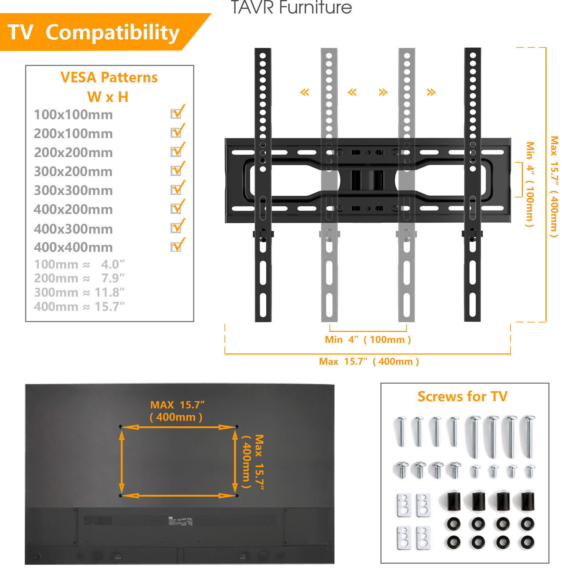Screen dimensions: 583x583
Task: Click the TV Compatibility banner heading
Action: point(93,32)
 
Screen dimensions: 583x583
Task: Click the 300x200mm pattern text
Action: point(73,171)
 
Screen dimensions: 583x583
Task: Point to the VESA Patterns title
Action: point(109,78)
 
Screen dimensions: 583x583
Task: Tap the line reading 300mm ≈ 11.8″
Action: point(79,292)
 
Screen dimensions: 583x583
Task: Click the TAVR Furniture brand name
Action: point(291,7)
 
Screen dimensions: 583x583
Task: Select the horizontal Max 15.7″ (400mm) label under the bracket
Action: point(369,361)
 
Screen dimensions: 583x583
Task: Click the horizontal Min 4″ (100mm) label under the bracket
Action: point(368,340)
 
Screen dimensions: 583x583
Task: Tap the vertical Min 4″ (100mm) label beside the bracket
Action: point(530,184)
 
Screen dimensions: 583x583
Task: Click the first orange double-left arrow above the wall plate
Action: point(304,92)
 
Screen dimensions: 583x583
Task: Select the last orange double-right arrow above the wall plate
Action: point(431,92)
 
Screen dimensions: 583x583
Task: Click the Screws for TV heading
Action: point(462,396)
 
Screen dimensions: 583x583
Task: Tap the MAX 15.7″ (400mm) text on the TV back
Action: point(177,411)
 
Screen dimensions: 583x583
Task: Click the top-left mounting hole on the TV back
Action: point(121,426)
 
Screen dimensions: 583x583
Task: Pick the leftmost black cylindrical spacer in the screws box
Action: point(454,501)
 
